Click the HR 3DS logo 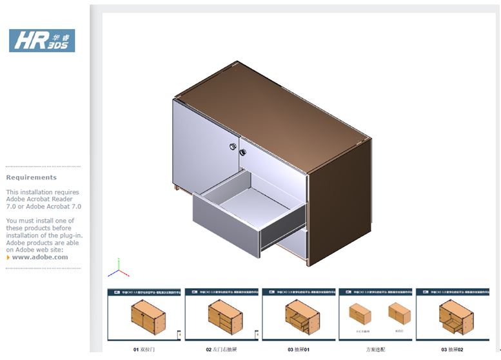[x=42, y=41]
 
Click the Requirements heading [x=32, y=177]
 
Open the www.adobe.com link [x=40, y=257]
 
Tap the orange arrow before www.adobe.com [x=8, y=257]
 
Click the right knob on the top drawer [x=243, y=152]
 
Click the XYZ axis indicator [x=119, y=268]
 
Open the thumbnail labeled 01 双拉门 [x=144, y=314]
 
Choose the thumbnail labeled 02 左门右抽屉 [x=221, y=314]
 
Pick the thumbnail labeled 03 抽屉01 [x=298, y=314]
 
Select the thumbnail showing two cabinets [x=375, y=314]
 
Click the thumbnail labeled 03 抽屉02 [x=451, y=314]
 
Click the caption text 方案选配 [x=375, y=349]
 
